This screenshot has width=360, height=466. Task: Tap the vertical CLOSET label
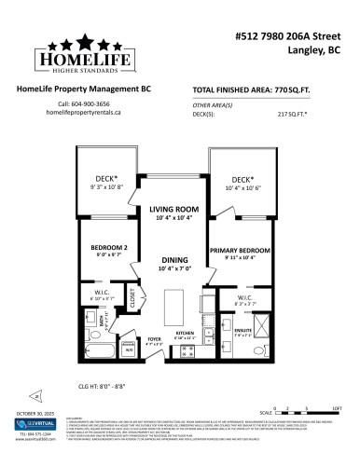tap(132, 299)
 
